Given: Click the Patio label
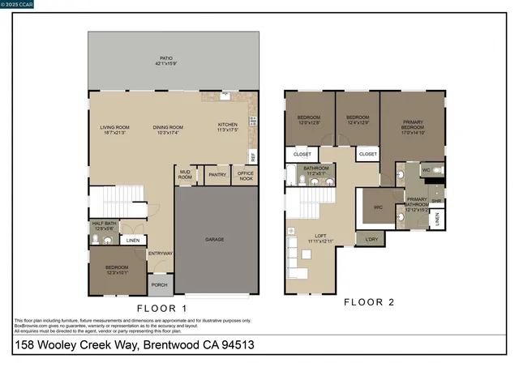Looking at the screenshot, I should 168,62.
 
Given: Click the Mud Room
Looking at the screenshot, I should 185,175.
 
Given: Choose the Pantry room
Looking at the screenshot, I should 217,174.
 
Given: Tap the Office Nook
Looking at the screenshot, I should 246,175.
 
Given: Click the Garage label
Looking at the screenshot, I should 214,240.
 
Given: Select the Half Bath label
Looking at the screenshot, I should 103,226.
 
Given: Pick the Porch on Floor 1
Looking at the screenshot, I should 158,284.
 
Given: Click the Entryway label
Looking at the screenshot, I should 160,254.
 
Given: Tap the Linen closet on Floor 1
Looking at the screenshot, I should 133,240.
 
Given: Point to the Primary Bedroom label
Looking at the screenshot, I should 413,127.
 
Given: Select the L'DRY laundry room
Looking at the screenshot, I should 371,239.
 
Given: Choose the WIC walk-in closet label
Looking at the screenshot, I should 377,207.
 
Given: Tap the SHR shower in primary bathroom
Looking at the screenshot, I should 435,201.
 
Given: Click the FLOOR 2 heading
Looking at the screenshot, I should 369,302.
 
